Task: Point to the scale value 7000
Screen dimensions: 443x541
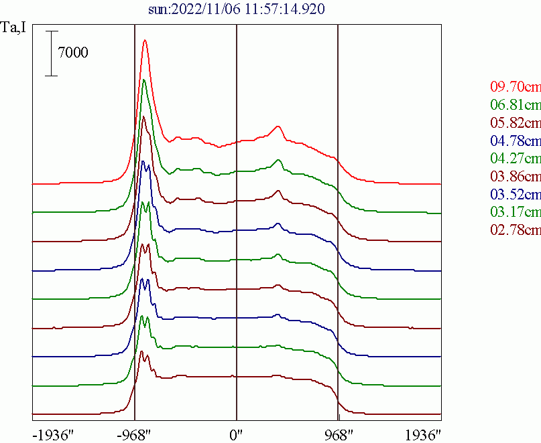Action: [x=72, y=53]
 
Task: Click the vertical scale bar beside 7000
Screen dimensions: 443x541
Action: [x=52, y=53]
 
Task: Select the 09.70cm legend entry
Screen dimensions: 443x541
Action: [x=515, y=87]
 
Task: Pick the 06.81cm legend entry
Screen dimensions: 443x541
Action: [x=515, y=105]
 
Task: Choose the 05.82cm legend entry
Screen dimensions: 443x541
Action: [x=515, y=123]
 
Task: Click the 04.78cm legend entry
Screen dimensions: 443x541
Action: [x=515, y=141]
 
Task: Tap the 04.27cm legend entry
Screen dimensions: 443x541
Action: [x=515, y=159]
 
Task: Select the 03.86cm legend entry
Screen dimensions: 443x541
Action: [x=515, y=177]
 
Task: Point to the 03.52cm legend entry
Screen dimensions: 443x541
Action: [x=515, y=195]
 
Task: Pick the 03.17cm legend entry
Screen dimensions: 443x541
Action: [x=515, y=213]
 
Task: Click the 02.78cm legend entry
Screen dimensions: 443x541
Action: [x=515, y=231]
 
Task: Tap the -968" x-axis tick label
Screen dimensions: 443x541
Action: [x=135, y=434]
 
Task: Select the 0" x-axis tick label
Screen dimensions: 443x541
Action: [x=237, y=434]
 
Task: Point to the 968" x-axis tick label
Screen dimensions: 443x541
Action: [x=337, y=434]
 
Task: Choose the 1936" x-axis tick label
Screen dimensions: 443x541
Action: [x=423, y=434]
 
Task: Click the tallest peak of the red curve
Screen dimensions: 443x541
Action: [x=145, y=41]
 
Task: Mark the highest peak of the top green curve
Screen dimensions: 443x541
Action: [x=143, y=81]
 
